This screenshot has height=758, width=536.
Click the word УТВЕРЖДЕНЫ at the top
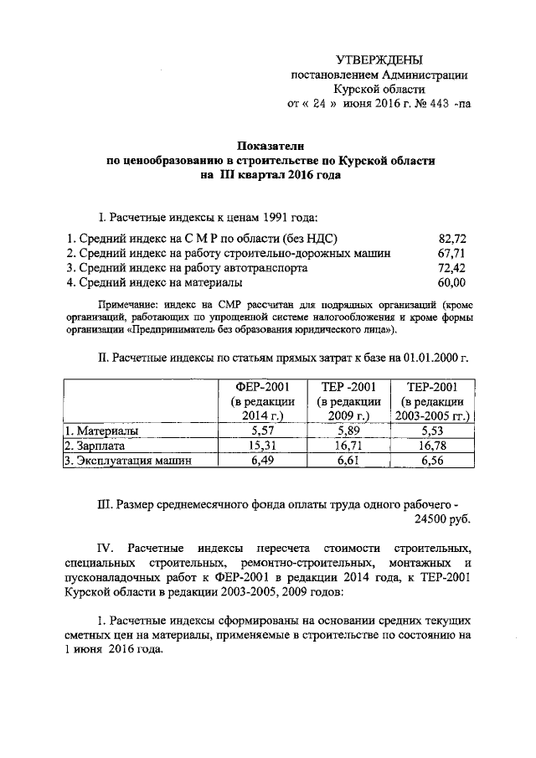379,59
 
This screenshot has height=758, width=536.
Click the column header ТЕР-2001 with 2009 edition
348,386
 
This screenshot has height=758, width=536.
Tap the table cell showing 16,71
347,446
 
